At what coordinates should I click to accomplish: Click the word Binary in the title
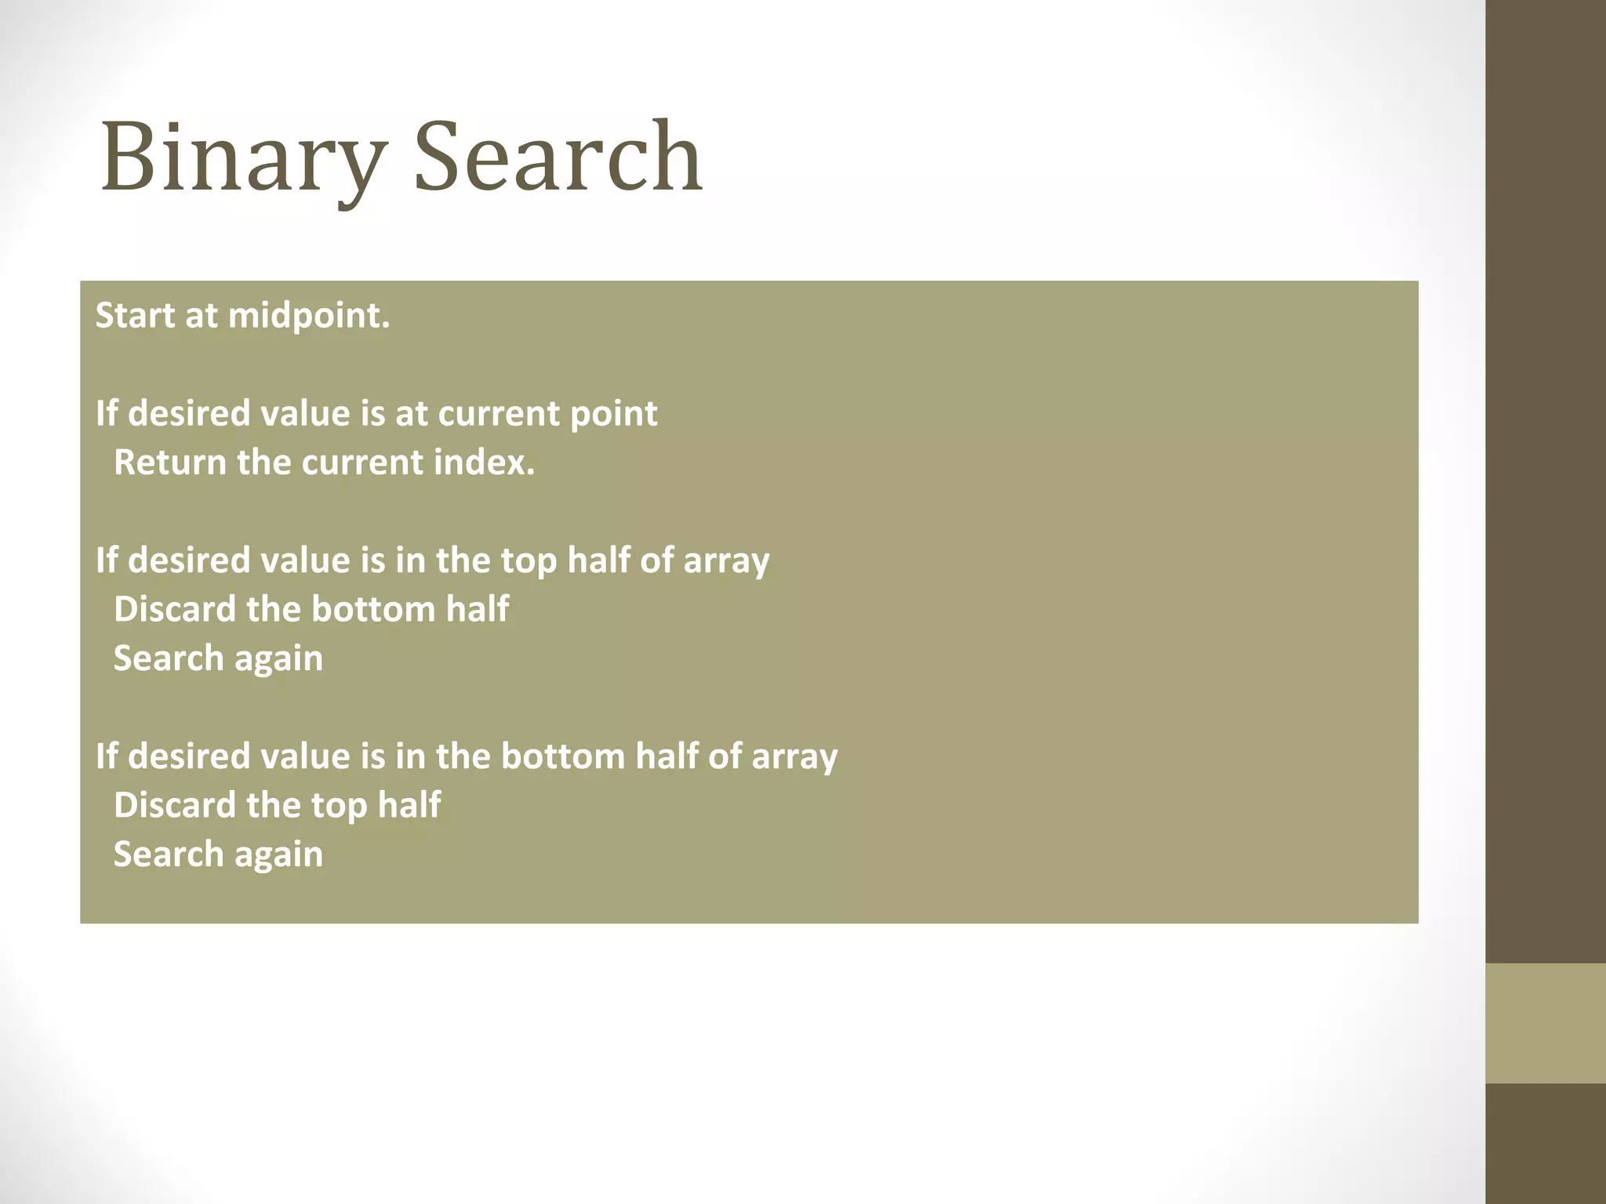tap(243, 157)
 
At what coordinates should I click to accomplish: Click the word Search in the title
tap(558, 157)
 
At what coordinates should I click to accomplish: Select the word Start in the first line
tap(134, 316)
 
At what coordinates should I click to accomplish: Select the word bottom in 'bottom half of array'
tap(562, 756)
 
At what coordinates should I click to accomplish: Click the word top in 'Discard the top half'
tap(339, 806)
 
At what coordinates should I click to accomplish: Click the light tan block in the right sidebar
tap(1545, 1023)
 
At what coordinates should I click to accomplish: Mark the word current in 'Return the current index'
tap(362, 462)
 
